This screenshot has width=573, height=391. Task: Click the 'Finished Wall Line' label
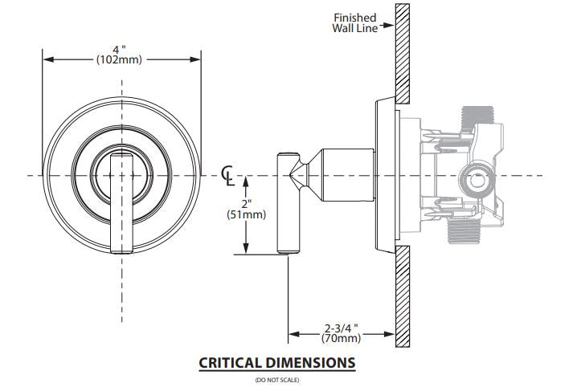[355, 22]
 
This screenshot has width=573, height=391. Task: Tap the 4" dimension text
[120, 49]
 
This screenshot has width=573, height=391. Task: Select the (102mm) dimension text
[120, 59]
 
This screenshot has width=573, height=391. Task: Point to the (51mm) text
[247, 214]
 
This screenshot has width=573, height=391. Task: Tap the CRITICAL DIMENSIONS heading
[276, 363]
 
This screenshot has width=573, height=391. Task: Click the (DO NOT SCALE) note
[276, 379]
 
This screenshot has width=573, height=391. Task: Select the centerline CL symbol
[228, 173]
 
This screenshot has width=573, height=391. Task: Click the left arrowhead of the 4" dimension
[47, 59]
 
